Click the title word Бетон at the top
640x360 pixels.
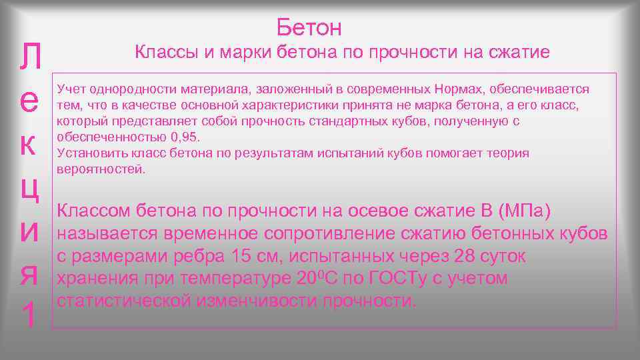pyautogui.click(x=309, y=27)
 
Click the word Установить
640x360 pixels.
pyautogui.click(x=87, y=153)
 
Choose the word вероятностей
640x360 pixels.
pyautogui.click(x=101, y=169)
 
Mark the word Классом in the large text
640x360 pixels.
pyautogui.click(x=94, y=211)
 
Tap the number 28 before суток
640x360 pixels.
pyautogui.click(x=465, y=256)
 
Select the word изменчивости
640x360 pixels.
pyautogui.click(x=257, y=300)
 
